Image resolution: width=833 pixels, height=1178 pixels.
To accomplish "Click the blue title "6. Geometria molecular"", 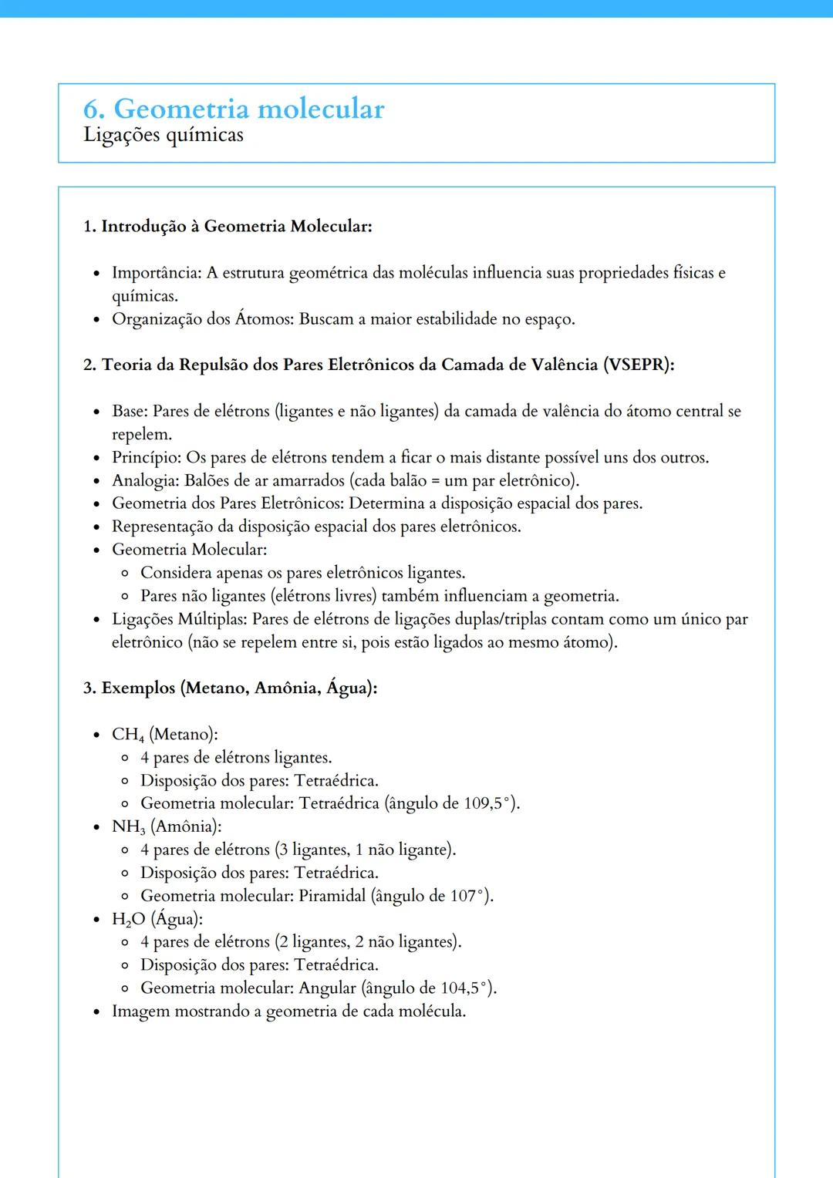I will click(x=233, y=109).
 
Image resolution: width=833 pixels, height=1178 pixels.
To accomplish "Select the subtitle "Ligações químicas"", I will click(x=163, y=135).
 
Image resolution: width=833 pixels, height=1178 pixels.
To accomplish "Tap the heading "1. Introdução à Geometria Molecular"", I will click(x=228, y=226).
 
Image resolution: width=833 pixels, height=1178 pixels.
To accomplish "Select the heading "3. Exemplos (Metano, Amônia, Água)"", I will click(x=230, y=688).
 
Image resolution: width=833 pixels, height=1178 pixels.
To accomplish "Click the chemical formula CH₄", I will click(x=127, y=735).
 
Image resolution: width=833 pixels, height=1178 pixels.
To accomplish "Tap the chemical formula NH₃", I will click(x=128, y=827).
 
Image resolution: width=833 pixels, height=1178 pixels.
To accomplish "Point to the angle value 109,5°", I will click(x=488, y=803).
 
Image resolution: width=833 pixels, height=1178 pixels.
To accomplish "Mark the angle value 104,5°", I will click(x=465, y=988).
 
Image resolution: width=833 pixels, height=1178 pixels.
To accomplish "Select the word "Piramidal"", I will click(x=332, y=896).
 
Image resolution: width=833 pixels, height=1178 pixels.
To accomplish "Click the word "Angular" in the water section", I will click(x=327, y=988).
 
